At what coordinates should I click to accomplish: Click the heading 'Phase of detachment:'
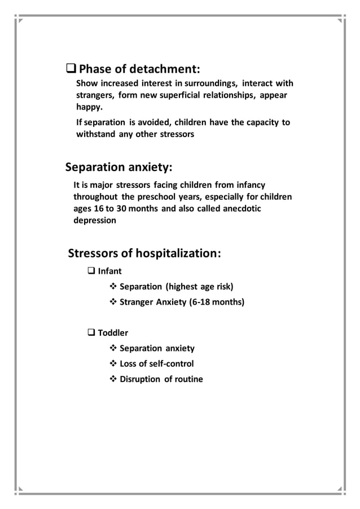(x=139, y=70)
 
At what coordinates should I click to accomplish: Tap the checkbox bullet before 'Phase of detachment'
(x=71, y=70)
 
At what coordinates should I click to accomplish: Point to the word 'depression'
(x=95, y=220)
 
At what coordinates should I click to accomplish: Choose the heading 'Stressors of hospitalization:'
(x=144, y=253)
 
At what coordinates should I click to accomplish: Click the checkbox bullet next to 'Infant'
(x=91, y=271)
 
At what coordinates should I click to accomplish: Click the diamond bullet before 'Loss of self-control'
(x=112, y=363)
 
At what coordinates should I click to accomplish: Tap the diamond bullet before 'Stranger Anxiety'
(x=112, y=302)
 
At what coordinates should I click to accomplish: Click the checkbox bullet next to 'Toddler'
(x=91, y=332)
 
